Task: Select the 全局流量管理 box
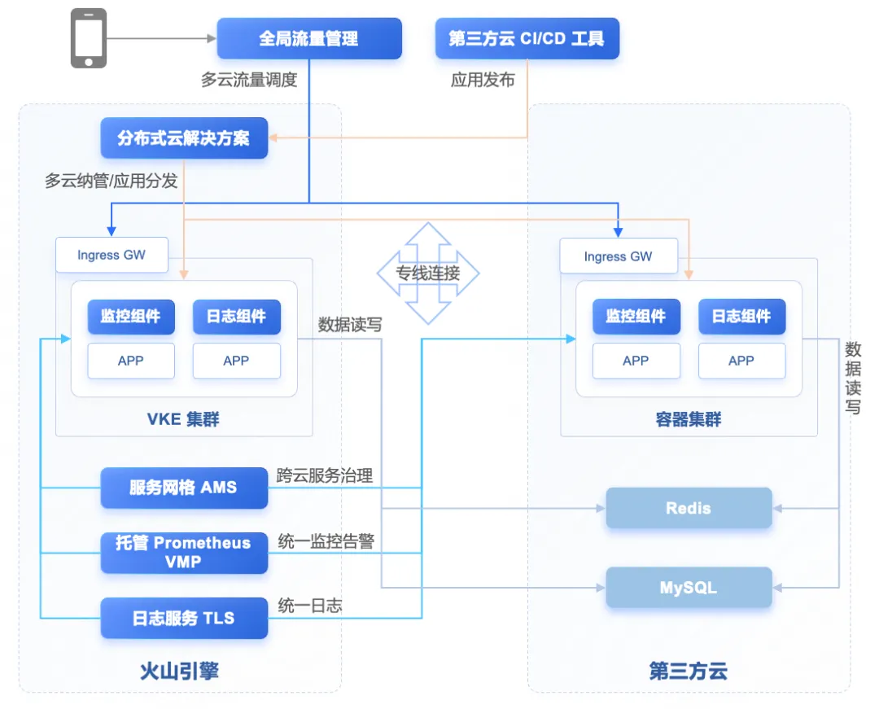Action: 308,38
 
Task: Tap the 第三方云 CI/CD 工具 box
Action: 527,38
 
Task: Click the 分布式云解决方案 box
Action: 184,138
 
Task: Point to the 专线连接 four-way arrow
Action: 428,274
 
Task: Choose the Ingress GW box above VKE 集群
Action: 112,255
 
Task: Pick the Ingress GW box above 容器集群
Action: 618,256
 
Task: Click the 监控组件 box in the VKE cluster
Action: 131,317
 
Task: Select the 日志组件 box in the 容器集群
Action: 741,317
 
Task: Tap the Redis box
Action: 689,508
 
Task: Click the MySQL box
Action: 689,587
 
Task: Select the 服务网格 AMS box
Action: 184,488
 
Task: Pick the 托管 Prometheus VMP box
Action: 184,552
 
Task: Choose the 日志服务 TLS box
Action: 184,618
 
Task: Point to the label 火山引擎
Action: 179,672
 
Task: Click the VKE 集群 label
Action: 183,420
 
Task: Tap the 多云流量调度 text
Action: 250,80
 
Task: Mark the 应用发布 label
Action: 483,80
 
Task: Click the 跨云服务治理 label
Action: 325,475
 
